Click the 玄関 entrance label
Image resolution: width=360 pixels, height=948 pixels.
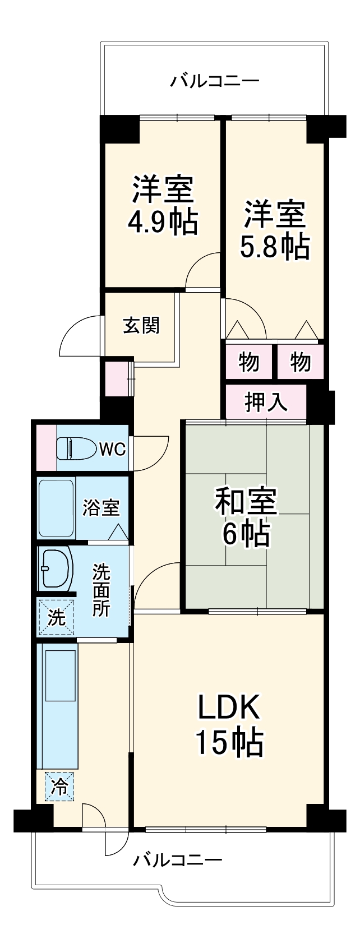pyautogui.click(x=141, y=325)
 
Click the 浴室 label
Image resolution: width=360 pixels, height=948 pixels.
pyautogui.click(x=101, y=508)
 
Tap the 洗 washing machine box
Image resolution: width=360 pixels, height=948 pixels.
pyautogui.click(x=56, y=617)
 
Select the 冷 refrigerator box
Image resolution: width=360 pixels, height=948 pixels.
pyautogui.click(x=59, y=787)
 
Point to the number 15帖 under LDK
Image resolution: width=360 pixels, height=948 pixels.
pyautogui.click(x=229, y=742)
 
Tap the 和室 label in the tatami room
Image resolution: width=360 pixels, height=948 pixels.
pyautogui.click(x=246, y=501)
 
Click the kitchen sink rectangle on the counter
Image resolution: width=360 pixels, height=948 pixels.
pyautogui.click(x=60, y=675)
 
